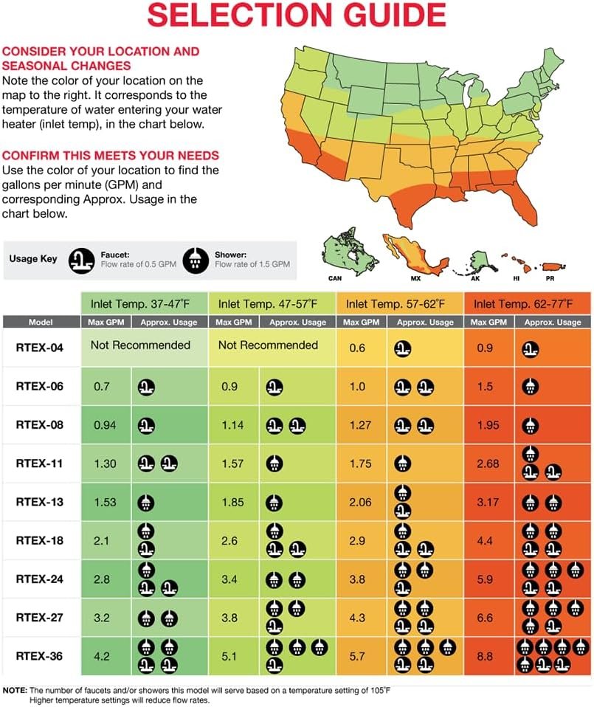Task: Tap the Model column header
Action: [41, 323]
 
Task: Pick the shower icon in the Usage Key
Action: [196, 259]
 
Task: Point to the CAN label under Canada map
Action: [336, 279]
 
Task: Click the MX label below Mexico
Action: [415, 279]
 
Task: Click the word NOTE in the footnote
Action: [15, 689]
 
